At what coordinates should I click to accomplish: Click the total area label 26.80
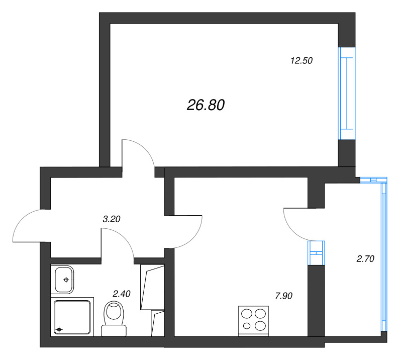tap(206, 105)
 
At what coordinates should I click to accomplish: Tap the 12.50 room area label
tap(301, 60)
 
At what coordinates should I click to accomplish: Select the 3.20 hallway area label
tap(112, 219)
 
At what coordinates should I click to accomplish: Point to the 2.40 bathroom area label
tap(122, 294)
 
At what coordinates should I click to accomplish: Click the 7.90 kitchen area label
tap(283, 296)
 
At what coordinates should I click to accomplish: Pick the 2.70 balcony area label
tap(365, 258)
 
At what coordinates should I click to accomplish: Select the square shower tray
tap(72, 317)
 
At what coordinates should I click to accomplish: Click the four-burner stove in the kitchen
tap(254, 321)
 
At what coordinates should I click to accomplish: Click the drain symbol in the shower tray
tap(59, 329)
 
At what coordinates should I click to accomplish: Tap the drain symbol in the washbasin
tap(66, 280)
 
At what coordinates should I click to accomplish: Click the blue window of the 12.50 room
tap(347, 94)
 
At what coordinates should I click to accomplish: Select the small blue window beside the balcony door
tap(316, 253)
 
